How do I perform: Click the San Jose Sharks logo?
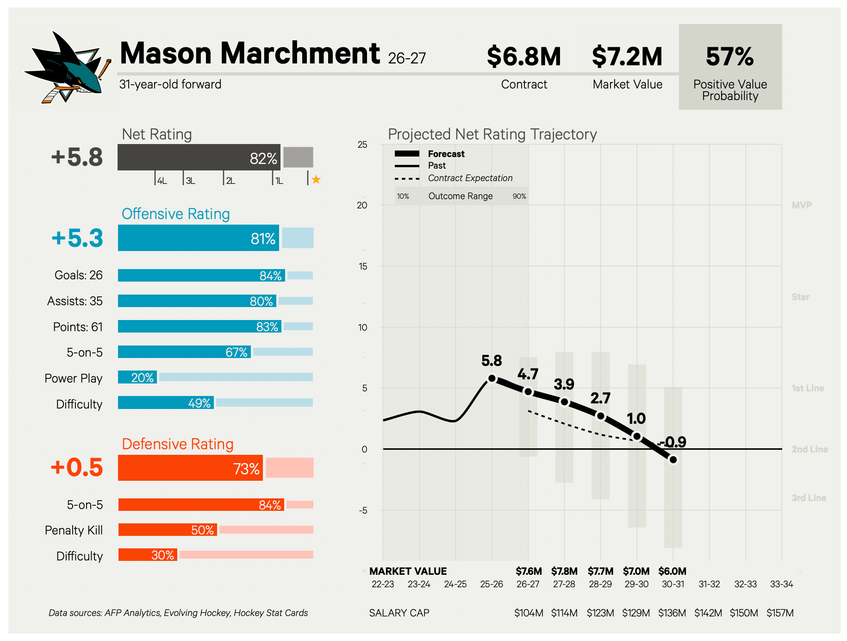pos(67,67)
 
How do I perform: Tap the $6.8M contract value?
pos(523,57)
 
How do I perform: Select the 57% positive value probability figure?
pos(730,57)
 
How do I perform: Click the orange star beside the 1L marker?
pos(316,179)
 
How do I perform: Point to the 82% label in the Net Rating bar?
pos(263,158)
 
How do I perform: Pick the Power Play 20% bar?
pos(137,377)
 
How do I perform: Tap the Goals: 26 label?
pos(78,275)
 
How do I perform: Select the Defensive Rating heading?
pos(177,444)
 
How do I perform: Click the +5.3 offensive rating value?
pos(77,238)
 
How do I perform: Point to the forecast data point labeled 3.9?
pos(564,402)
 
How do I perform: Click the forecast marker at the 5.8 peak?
pos(492,378)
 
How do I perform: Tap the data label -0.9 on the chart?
pos(673,442)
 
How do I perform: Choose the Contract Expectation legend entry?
pos(454,178)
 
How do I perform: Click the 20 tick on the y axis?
pos(362,205)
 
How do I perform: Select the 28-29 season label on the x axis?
pos(600,584)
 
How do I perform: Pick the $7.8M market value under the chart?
pos(564,571)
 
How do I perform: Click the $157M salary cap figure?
pos(780,613)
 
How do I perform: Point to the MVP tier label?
pos(802,205)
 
